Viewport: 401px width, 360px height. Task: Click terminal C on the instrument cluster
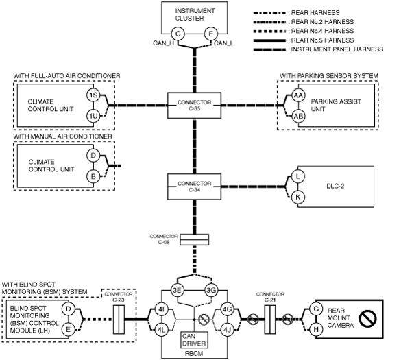click(178, 34)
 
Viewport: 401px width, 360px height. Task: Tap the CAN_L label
click(223, 43)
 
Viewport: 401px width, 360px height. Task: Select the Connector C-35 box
click(195, 106)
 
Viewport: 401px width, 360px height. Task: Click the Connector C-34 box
click(195, 187)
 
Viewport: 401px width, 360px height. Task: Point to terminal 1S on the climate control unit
click(93, 95)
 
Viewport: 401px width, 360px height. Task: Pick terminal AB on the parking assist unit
click(298, 117)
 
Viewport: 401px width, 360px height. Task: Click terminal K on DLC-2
click(298, 197)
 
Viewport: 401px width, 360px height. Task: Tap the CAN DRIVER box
click(195, 340)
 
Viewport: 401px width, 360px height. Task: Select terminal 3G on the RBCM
click(211, 291)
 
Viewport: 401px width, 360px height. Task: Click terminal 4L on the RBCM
click(161, 330)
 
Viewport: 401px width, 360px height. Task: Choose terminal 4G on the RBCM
click(227, 309)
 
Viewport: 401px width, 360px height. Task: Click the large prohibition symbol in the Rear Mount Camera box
click(367, 319)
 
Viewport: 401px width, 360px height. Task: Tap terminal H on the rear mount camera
click(316, 330)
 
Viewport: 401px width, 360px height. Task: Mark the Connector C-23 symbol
click(119, 320)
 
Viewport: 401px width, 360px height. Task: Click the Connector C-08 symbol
click(195, 240)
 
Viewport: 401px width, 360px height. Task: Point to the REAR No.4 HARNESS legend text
click(322, 31)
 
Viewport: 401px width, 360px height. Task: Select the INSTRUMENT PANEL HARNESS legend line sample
click(269, 49)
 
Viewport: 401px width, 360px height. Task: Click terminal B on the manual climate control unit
click(93, 176)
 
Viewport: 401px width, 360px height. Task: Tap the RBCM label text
click(194, 354)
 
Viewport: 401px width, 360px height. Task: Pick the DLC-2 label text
click(335, 187)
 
